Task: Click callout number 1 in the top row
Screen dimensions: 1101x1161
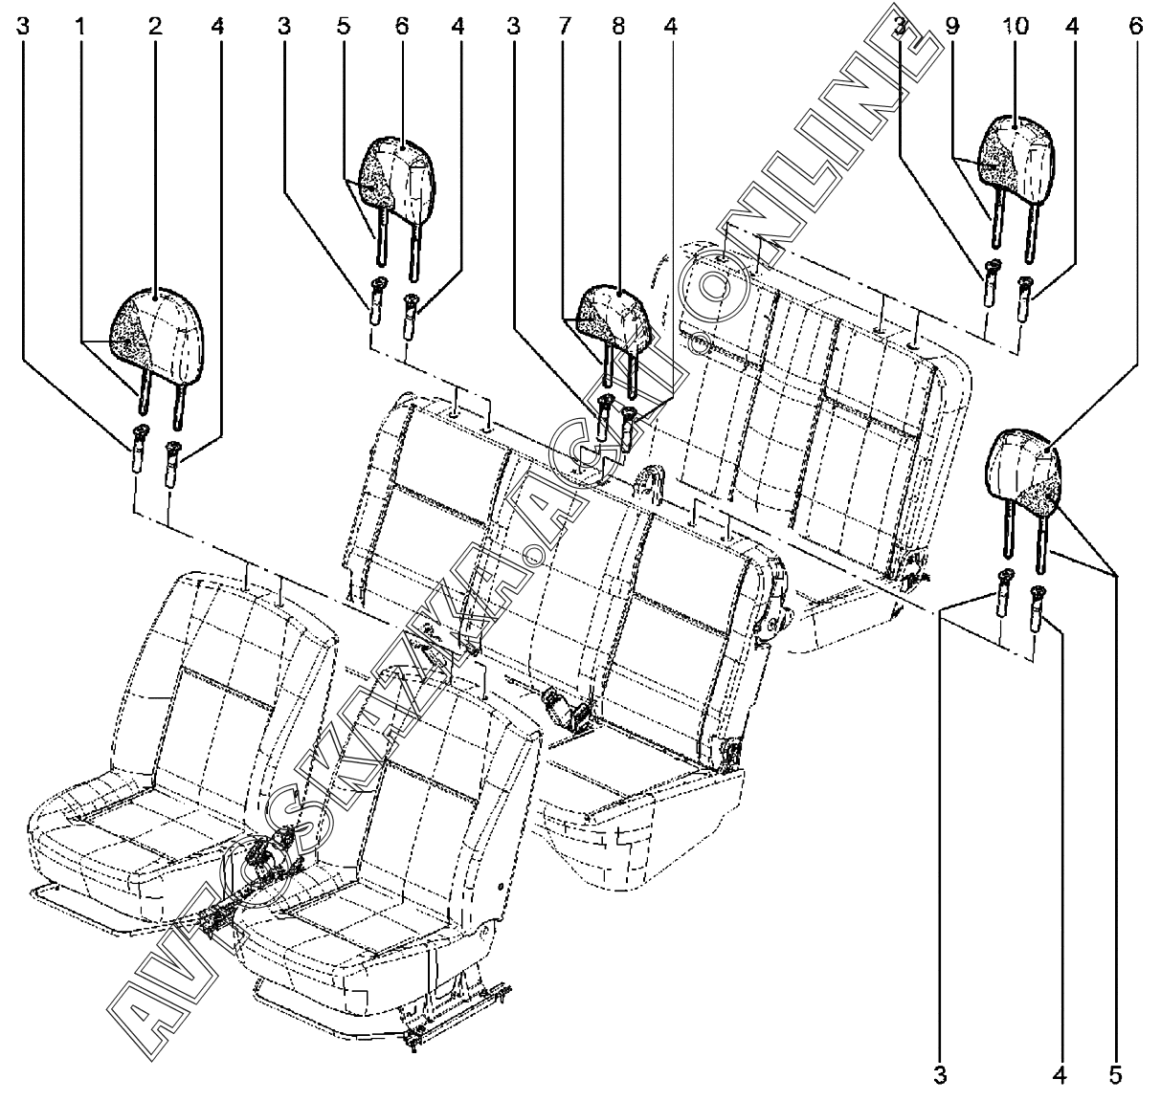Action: click(81, 28)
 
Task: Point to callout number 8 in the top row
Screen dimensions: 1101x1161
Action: click(617, 28)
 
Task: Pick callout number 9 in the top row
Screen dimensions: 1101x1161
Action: click(951, 28)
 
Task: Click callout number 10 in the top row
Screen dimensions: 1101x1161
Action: click(1016, 28)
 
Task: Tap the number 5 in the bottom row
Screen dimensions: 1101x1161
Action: click(1115, 1076)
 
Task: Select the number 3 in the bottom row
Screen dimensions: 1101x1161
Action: click(941, 1076)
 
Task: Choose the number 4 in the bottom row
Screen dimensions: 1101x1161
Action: click(1059, 1076)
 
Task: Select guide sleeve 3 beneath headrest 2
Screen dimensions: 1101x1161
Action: click(140, 447)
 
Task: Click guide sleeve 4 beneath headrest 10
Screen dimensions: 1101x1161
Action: click(1025, 295)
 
